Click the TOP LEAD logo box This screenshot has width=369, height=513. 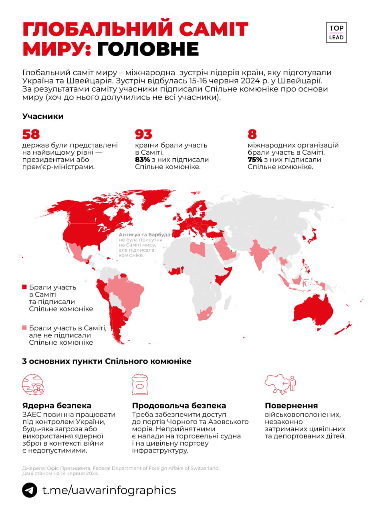click(x=336, y=32)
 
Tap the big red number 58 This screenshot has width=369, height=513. click(x=31, y=134)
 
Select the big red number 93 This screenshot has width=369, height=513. click(x=143, y=134)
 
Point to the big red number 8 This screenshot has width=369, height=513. click(x=252, y=134)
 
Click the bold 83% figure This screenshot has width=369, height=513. click(x=142, y=160)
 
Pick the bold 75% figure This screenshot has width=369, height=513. click(x=255, y=160)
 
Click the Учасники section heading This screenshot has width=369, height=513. click(x=43, y=117)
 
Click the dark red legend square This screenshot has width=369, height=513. click(x=24, y=287)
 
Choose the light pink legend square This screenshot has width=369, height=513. click(x=24, y=328)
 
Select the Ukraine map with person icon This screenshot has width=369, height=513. click(x=280, y=384)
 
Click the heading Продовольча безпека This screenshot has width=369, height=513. click(x=179, y=406)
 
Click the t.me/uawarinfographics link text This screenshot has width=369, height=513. click(x=109, y=490)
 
